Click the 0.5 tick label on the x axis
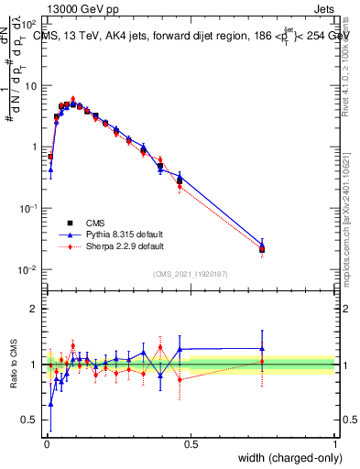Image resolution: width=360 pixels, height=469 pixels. coord(191,444)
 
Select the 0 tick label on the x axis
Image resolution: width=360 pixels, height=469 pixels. coord(46,444)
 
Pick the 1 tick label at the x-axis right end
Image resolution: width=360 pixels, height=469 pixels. coord(335,444)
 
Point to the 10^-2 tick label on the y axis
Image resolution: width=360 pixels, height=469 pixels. coord(29,269)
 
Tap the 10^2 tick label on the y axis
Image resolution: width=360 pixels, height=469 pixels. coord(29,24)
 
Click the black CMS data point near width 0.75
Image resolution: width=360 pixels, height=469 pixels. coord(262,249)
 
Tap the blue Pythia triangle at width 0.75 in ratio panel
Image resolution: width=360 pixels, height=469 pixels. coord(262,348)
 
